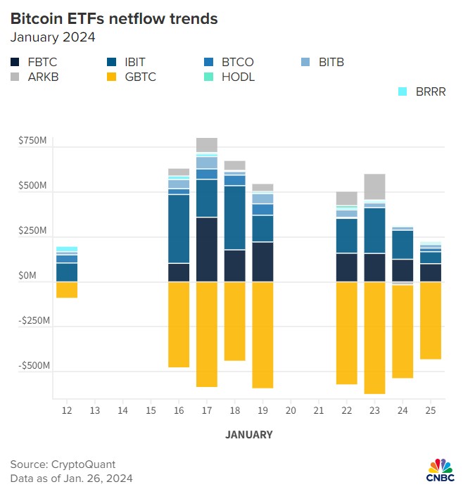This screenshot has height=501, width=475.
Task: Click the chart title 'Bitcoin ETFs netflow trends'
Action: click(114, 19)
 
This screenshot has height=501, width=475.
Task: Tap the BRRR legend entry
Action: click(422, 91)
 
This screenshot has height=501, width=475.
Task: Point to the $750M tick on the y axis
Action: click(33, 141)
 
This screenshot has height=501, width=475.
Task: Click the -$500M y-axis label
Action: click(32, 367)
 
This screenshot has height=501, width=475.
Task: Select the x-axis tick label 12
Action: click(67, 410)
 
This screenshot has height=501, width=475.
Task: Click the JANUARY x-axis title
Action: click(248, 435)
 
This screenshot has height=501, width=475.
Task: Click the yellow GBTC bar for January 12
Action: click(67, 290)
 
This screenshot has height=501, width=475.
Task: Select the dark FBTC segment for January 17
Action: click(207, 249)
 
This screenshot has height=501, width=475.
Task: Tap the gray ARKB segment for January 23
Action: click(375, 186)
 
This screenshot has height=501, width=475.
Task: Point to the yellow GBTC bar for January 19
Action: click(263, 334)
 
